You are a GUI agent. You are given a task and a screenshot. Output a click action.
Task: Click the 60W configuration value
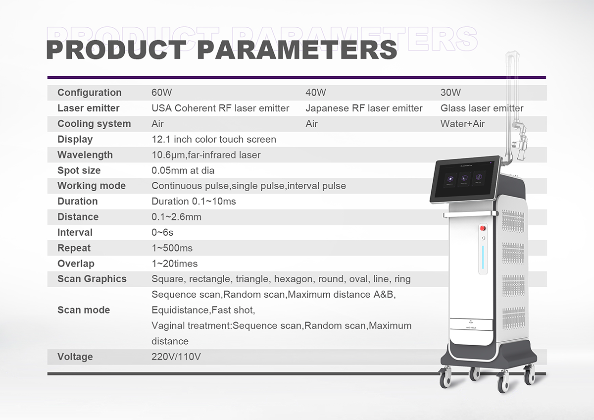pyautogui.click(x=161, y=93)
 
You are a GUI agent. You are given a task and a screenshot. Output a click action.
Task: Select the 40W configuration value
pyautogui.click(x=316, y=93)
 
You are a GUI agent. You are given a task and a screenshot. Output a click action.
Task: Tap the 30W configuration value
pyautogui.click(x=450, y=93)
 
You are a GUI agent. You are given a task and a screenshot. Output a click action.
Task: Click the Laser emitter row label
pyautogui.click(x=88, y=108)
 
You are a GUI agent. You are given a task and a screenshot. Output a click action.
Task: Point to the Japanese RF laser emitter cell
pyautogui.click(x=364, y=108)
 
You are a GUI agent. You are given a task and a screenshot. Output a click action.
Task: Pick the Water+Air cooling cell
pyautogui.click(x=462, y=124)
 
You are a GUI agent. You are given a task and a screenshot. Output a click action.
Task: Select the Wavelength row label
pyautogui.click(x=85, y=155)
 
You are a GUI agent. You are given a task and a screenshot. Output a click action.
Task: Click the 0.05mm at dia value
pyautogui.click(x=183, y=170)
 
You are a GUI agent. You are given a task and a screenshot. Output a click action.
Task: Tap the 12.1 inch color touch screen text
pyautogui.click(x=214, y=139)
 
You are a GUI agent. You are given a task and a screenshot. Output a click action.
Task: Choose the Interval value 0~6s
pyautogui.click(x=162, y=232)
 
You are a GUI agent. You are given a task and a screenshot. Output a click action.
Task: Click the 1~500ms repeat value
pyautogui.click(x=172, y=248)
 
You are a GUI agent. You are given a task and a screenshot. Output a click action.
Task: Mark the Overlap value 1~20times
pyautogui.click(x=174, y=263)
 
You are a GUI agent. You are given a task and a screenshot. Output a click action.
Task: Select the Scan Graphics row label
pyautogui.click(x=92, y=279)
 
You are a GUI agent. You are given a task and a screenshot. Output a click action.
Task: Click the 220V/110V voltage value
pyautogui.click(x=176, y=357)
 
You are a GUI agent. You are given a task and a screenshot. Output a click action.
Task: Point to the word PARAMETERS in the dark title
pyautogui.click(x=297, y=50)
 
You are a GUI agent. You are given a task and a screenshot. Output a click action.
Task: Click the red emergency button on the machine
pyautogui.click(x=483, y=228)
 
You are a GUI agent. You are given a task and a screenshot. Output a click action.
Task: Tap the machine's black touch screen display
pyautogui.click(x=465, y=179)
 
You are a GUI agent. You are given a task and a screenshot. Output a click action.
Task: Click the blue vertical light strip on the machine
pyautogui.click(x=483, y=258)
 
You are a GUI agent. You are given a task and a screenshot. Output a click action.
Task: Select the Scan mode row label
pyautogui.click(x=84, y=310)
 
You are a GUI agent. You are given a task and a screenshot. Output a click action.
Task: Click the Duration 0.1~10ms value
pyautogui.click(x=194, y=202)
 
